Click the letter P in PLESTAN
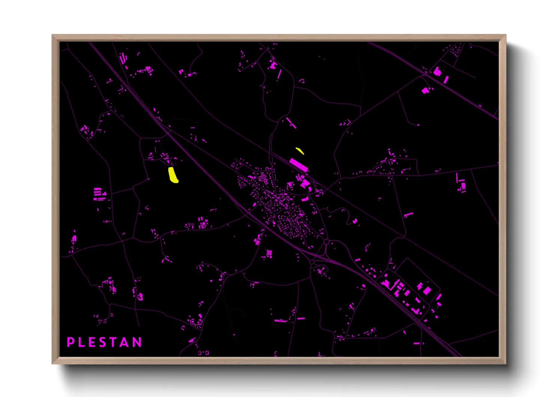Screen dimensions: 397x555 [x=70, y=342]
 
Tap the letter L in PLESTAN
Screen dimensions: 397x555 [x=81, y=342]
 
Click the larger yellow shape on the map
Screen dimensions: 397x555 [x=173, y=175]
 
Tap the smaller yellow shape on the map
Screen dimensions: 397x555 [x=300, y=151]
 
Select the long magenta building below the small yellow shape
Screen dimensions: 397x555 [x=298, y=165]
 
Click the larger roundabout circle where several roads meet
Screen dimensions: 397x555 [x=326, y=242]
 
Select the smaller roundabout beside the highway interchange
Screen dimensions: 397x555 [x=312, y=262]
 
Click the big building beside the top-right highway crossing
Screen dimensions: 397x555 [x=437, y=71]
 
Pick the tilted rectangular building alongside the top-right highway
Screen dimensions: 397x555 [x=446, y=79]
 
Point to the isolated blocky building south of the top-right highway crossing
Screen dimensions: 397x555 [x=425, y=90]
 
